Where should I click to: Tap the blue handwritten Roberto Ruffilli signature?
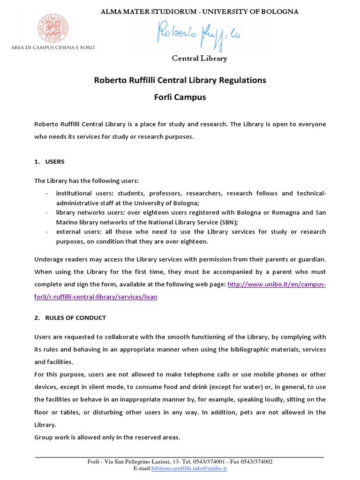click(x=199, y=35)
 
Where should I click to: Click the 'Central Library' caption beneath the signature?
click(x=199, y=59)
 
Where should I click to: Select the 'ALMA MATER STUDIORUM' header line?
click(x=199, y=11)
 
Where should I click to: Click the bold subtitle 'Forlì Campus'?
click(x=180, y=98)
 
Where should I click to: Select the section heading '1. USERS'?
click(x=49, y=162)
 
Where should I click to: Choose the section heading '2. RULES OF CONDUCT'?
click(x=70, y=318)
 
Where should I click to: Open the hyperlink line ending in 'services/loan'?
click(x=96, y=297)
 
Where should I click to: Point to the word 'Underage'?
click(x=48, y=259)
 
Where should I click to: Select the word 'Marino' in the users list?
click(x=67, y=222)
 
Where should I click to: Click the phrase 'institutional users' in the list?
click(x=84, y=193)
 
